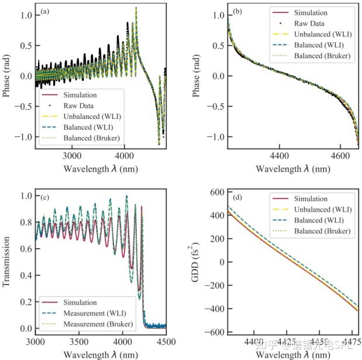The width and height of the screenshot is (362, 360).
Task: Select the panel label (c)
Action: pos(45,195)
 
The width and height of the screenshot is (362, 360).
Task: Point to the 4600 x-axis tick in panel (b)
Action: pos(346,157)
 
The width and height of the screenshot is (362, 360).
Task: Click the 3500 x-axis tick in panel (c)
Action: pos(79,340)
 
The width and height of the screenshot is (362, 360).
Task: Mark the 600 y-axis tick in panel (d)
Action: pos(218,192)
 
